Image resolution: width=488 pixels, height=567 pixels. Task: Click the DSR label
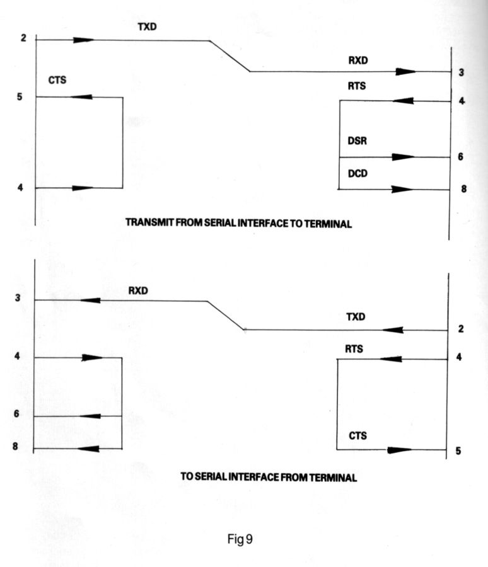(x=357, y=140)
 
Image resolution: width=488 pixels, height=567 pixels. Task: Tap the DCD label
(x=357, y=174)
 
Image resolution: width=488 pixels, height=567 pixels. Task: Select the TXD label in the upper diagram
(x=147, y=26)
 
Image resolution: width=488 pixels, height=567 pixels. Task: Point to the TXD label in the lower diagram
(x=356, y=317)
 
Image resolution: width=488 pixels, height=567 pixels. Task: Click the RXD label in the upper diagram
(x=358, y=60)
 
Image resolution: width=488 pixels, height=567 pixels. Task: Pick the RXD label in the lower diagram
(x=138, y=290)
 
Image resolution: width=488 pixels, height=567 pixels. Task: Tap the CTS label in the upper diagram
(x=57, y=80)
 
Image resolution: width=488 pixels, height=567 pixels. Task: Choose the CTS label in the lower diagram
(x=357, y=436)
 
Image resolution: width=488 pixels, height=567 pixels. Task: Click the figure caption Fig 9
(x=240, y=539)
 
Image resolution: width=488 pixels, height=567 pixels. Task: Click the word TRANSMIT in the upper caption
(x=149, y=222)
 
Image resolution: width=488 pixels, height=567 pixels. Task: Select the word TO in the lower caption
(x=187, y=476)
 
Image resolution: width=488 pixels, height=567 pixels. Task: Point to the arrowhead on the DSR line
(x=403, y=157)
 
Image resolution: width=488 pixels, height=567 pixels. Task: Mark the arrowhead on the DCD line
(x=402, y=189)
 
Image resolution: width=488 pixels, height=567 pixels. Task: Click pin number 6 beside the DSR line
(x=460, y=157)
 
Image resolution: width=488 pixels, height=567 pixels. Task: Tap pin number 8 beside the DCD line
(x=464, y=189)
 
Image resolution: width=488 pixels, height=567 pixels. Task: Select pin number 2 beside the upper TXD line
(x=23, y=38)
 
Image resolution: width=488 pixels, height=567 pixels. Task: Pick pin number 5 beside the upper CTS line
(x=20, y=96)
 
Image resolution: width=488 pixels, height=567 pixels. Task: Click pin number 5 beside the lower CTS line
(x=458, y=451)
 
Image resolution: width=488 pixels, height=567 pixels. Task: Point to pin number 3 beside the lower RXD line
(x=18, y=298)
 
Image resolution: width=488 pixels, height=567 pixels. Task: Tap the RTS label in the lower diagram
(x=354, y=349)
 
